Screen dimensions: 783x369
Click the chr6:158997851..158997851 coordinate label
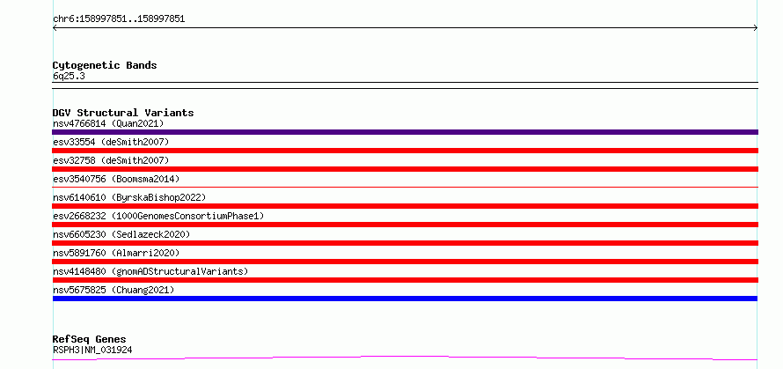(119, 19)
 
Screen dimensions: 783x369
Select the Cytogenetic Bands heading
(105, 65)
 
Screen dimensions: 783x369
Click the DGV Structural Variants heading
(123, 113)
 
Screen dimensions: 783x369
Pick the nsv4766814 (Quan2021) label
(108, 123)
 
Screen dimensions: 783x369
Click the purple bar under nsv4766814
(405, 132)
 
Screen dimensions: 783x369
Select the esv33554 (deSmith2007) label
(111, 142)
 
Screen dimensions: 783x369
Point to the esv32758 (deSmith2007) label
(111, 160)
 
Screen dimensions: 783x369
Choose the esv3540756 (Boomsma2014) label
(116, 179)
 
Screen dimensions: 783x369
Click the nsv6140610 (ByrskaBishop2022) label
(129, 197)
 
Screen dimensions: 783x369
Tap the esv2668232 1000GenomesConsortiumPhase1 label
(158, 216)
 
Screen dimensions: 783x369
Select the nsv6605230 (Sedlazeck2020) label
(121, 234)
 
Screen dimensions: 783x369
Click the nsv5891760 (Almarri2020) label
(116, 253)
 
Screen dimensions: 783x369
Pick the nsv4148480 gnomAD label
(150, 271)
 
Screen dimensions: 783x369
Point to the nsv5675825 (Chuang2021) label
(113, 290)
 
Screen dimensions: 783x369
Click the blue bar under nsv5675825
(405, 299)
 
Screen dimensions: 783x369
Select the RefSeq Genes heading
(90, 339)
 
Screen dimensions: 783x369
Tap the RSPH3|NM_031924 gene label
(92, 350)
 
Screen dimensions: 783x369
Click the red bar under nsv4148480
(405, 280)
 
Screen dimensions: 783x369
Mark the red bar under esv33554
(405, 151)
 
